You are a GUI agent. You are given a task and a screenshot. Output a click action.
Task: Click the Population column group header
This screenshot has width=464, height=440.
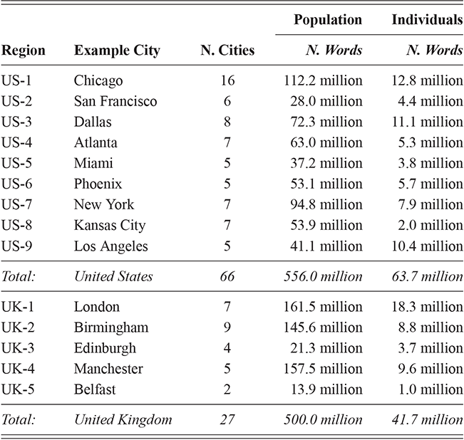[328, 20]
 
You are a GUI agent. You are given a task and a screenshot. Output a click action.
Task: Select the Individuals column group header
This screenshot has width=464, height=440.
[427, 20]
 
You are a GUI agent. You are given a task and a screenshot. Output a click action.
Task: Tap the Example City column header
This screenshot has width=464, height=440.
[117, 51]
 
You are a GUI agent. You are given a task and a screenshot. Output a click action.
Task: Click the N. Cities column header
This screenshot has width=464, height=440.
[227, 51]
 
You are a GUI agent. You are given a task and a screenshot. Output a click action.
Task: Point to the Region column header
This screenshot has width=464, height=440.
[24, 51]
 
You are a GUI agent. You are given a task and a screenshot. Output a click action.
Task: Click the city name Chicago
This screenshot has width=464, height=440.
[98, 81]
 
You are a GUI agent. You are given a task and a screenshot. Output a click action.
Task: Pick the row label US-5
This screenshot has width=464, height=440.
[17, 164]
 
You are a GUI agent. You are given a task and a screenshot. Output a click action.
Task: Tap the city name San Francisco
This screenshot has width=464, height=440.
[115, 102]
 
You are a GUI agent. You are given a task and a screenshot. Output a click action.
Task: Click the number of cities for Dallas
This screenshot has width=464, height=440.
[227, 122]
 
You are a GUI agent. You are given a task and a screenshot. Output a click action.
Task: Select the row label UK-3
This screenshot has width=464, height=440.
[18, 348]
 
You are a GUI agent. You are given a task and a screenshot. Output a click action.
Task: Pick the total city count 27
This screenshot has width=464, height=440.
[227, 419]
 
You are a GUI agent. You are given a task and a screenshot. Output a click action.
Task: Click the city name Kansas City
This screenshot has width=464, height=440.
[110, 226]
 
